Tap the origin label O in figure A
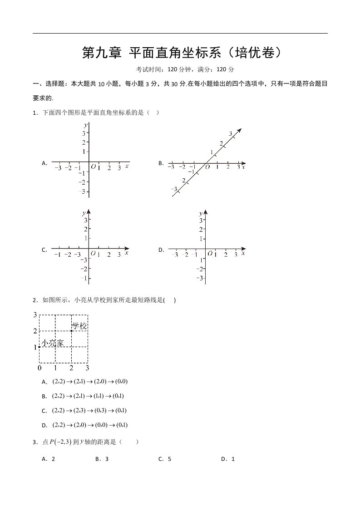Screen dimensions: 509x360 click(94, 167)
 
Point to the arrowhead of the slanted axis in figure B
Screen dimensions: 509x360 click(239, 131)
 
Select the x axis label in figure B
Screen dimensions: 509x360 click(244, 167)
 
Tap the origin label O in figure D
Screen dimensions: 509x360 click(210, 254)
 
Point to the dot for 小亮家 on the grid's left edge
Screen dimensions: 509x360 click(39, 347)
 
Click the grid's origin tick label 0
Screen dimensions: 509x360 click(39, 368)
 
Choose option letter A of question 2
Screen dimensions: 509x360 click(44, 382)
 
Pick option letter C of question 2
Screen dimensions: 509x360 click(44, 411)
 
